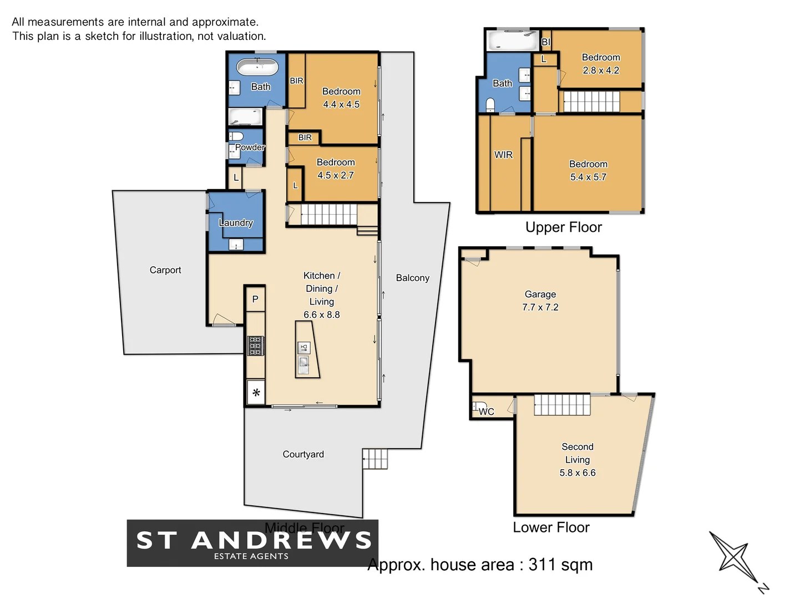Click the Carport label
click(x=165, y=270)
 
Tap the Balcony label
click(x=412, y=278)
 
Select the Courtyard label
click(x=303, y=454)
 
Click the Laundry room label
click(x=236, y=222)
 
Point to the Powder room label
click(x=250, y=147)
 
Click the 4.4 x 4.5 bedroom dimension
click(x=341, y=104)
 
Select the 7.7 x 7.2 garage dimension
click(x=540, y=307)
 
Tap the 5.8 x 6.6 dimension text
click(x=577, y=473)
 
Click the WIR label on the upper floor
click(x=503, y=155)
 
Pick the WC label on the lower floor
click(x=486, y=412)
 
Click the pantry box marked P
click(x=255, y=299)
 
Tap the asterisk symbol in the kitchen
click(x=256, y=393)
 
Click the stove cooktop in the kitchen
click(x=255, y=346)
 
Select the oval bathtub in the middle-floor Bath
click(x=257, y=68)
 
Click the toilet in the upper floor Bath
click(x=490, y=105)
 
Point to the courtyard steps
click(x=375, y=459)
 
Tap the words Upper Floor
click(x=563, y=227)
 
